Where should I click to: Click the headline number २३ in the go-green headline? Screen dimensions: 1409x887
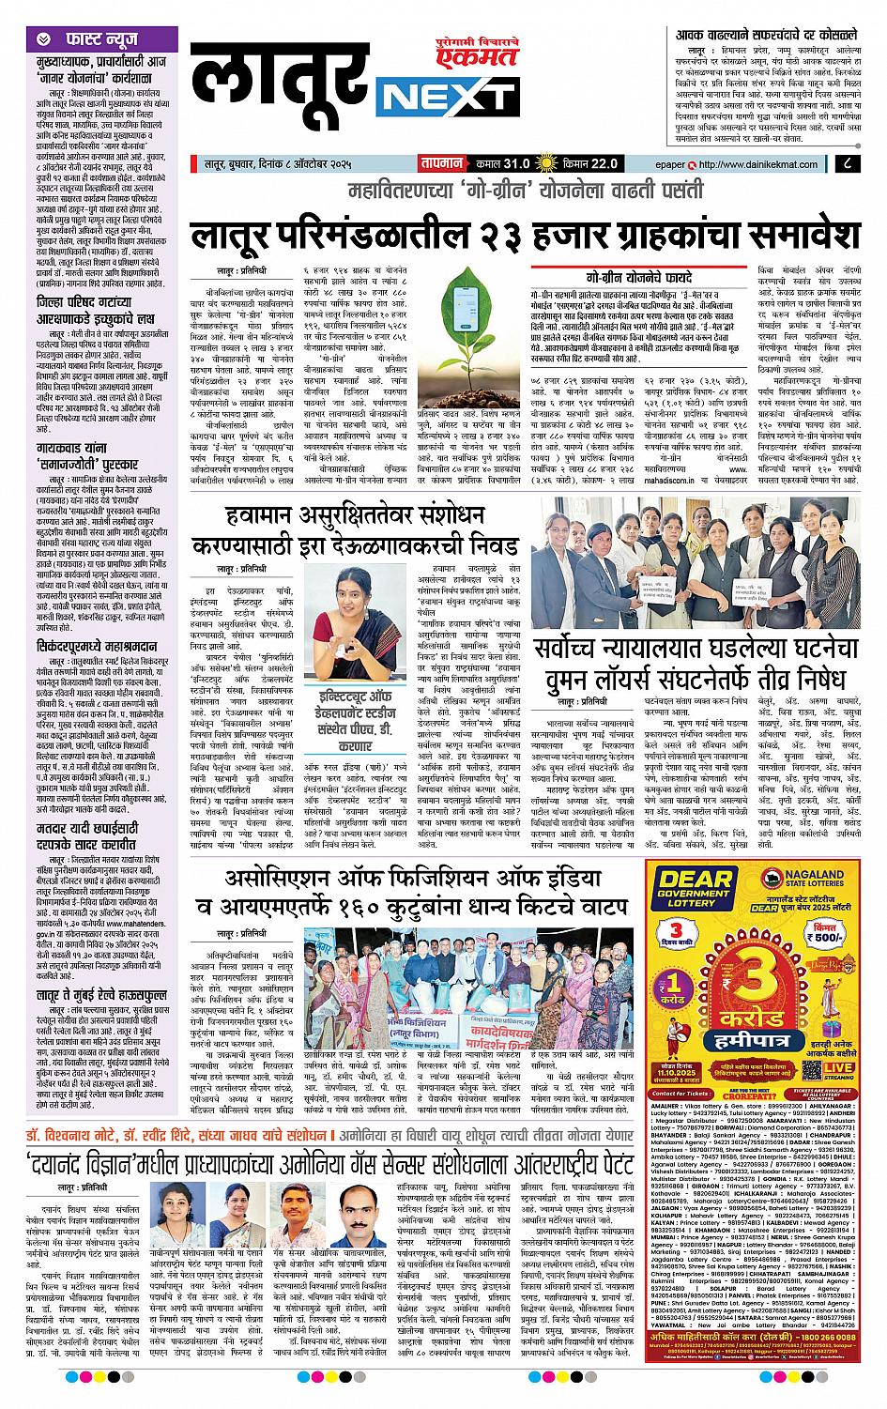pos(500,231)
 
